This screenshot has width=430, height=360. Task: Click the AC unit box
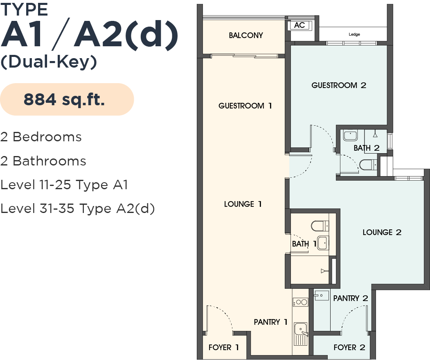coord(299,25)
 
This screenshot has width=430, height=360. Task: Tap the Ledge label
coord(354,34)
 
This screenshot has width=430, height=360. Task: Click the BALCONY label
coord(246,35)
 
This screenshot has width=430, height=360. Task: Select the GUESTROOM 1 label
coord(245,106)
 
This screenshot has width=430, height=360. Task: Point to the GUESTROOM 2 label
coord(339,85)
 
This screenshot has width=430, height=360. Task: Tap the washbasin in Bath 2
coord(350,136)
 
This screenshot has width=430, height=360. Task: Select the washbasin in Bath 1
coord(323,242)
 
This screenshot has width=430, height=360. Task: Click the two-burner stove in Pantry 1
coord(301,302)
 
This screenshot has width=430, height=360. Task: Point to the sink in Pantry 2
coord(322,295)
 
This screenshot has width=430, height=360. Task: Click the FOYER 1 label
coord(223,347)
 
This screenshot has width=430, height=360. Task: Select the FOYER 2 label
coord(349,347)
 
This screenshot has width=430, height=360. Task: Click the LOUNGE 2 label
coord(382,232)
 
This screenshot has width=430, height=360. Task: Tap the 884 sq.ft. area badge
coord(67,100)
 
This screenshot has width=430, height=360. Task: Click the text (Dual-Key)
coord(49,62)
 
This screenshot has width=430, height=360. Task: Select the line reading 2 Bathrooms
coord(43,161)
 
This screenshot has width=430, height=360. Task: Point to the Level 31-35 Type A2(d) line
coord(77,209)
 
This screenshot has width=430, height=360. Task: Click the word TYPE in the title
coord(24,9)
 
